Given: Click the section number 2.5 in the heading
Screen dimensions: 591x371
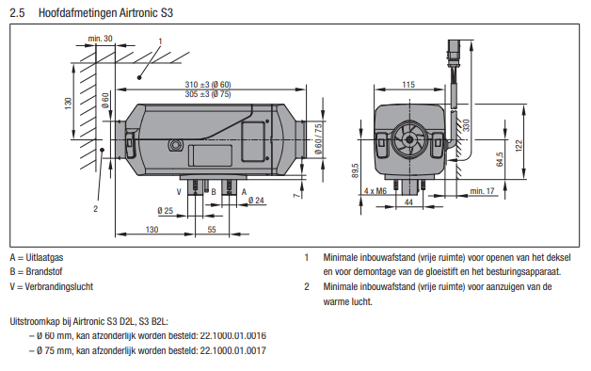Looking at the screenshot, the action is point(17,13).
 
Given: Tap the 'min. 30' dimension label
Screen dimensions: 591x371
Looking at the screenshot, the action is point(100,39).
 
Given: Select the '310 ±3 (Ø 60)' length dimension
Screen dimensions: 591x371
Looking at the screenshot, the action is point(208,85).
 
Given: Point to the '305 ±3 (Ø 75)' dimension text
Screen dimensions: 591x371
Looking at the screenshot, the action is point(208,94).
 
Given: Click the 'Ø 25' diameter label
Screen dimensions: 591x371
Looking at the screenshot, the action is point(165,210).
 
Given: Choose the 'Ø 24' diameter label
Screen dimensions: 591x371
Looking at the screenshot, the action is point(256,201).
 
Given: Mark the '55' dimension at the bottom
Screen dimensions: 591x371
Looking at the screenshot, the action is point(212,229).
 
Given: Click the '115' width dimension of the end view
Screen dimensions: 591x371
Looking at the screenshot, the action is point(408,85).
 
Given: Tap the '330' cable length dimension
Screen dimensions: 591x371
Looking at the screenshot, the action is point(466,125).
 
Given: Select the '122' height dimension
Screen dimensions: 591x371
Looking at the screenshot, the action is point(519,146).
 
